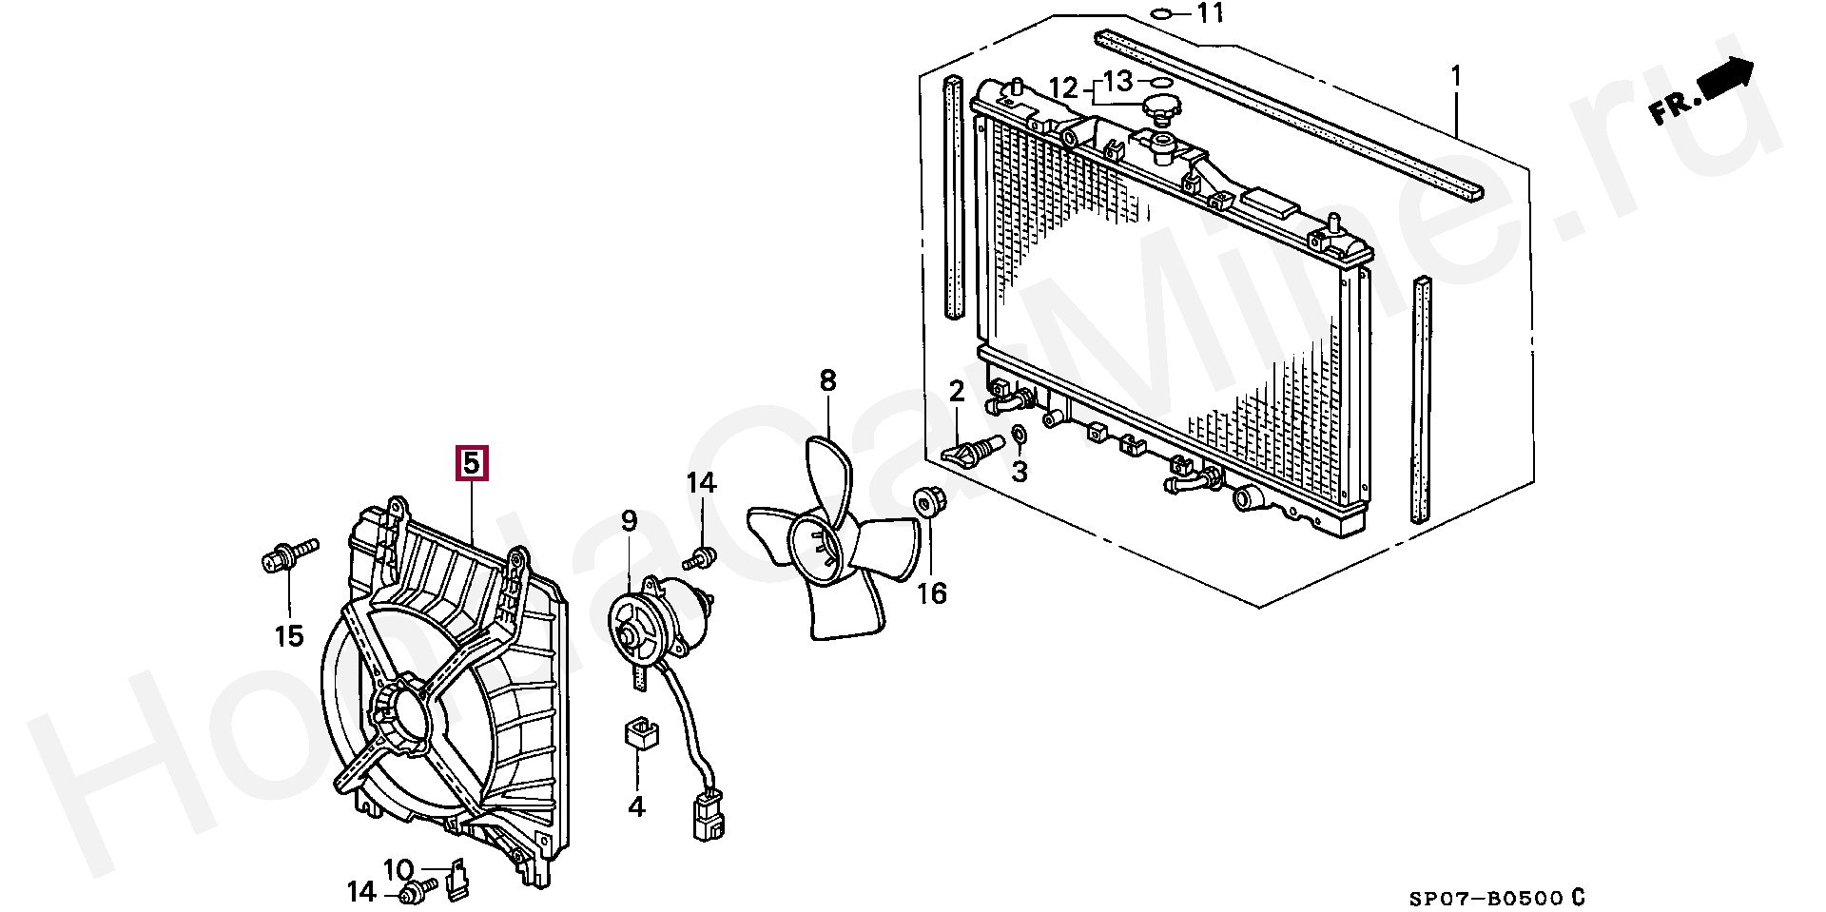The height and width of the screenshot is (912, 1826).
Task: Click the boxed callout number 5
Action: (473, 463)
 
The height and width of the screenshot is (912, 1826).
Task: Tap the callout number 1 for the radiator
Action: (1455, 75)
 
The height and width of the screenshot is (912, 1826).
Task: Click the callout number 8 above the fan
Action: (827, 381)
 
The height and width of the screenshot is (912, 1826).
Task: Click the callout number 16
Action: (932, 594)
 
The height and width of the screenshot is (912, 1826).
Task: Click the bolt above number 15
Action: (286, 555)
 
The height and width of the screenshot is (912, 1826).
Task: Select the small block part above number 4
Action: (639, 734)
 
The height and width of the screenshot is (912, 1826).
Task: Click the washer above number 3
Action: (1018, 436)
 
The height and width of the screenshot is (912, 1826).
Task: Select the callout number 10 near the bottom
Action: (398, 869)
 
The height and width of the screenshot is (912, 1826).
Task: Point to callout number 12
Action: (1064, 89)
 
